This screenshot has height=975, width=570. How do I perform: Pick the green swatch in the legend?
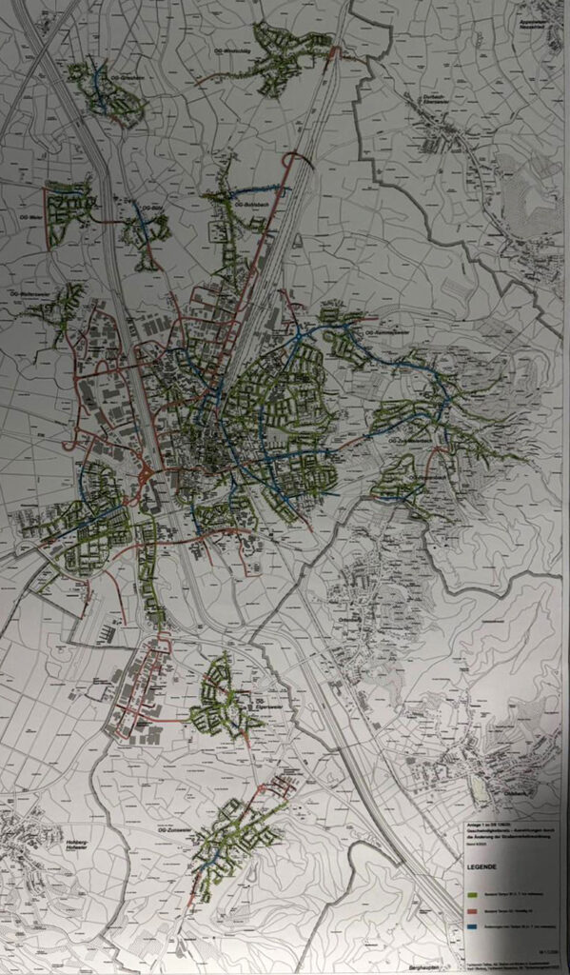click(x=479, y=894)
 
